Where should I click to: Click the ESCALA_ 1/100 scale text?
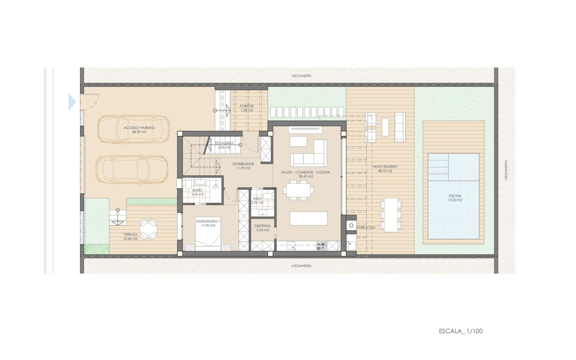pos(460,331)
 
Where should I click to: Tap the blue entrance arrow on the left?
pos(72,102)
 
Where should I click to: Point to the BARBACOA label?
pos(366,227)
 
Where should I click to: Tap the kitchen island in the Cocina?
pos(308,219)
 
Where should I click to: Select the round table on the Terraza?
pos(148,229)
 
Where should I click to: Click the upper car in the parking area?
pos(133,129)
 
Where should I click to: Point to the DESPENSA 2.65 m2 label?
pos(263,228)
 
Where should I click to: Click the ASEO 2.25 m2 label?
pos(257,200)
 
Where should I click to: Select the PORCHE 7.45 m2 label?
pos(246,108)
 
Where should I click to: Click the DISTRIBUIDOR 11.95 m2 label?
pos(243,166)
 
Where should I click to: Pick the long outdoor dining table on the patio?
pos(391,214)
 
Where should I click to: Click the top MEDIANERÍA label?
pos(301,75)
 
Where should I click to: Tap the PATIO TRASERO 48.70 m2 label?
pos(382,169)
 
